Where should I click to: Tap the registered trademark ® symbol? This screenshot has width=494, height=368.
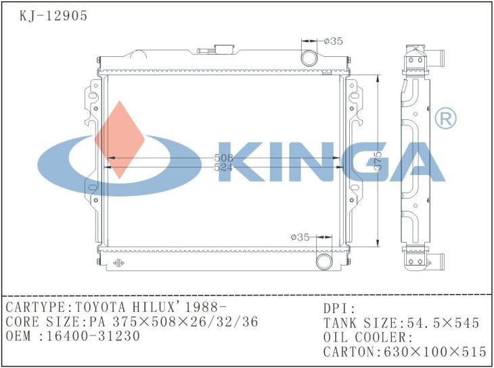pyautogui.click(x=445, y=119)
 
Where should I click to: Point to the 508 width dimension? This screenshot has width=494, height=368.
pyautogui.click(x=223, y=158)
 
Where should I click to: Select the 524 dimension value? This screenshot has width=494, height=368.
pyautogui.click(x=223, y=167)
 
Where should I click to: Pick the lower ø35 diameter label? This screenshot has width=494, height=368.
pyautogui.click(x=300, y=237)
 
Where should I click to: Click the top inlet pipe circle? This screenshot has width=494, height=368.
pyautogui.click(x=309, y=56)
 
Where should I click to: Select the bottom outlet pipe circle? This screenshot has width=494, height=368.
pyautogui.click(x=324, y=261)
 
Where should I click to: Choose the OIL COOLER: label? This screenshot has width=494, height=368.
pyautogui.click(x=367, y=337)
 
